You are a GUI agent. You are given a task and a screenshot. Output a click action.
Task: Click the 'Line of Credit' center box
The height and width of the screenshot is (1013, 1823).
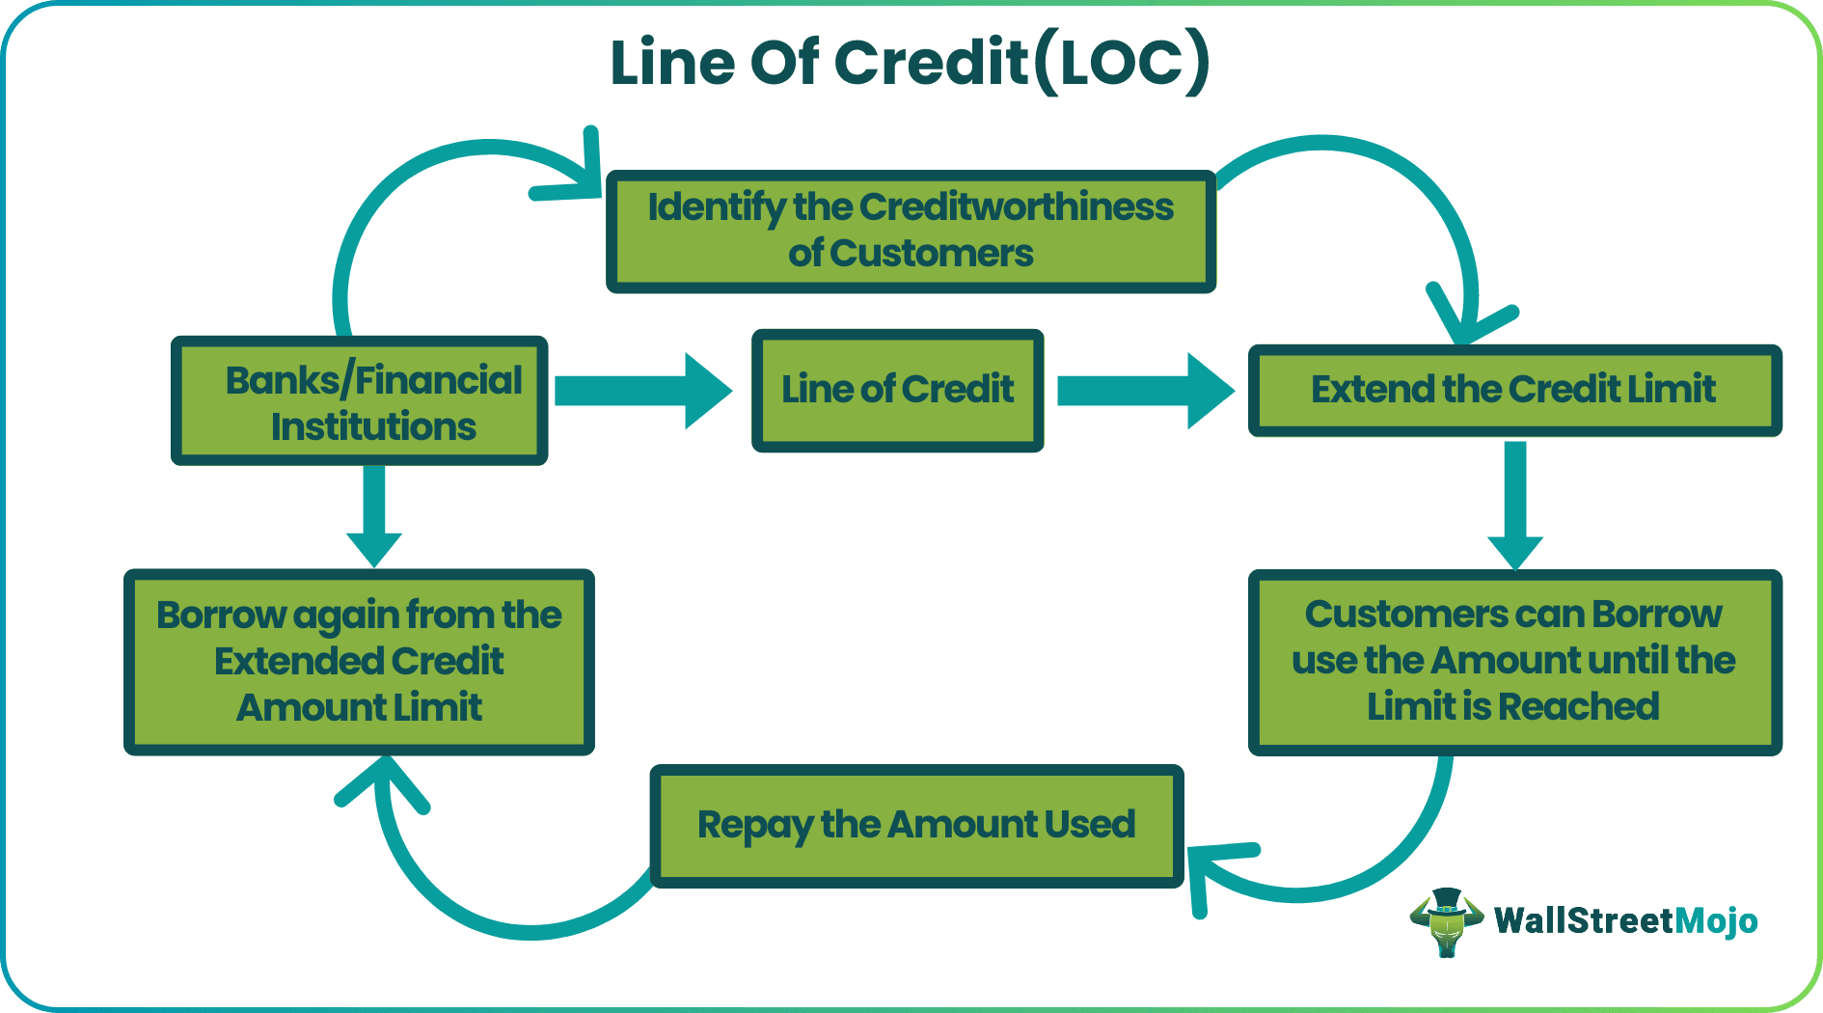click(897, 391)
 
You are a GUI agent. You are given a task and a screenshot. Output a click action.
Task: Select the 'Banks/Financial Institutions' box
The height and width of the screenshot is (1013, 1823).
click(359, 401)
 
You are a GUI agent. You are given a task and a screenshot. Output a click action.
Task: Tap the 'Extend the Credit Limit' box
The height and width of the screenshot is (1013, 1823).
click(1514, 390)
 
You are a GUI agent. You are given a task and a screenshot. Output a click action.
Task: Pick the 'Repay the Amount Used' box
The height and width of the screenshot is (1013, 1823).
click(916, 826)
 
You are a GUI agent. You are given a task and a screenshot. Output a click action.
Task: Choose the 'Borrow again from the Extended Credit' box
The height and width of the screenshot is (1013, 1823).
click(359, 662)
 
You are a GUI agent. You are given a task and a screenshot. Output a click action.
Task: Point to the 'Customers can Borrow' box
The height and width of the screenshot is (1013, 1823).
click(1514, 662)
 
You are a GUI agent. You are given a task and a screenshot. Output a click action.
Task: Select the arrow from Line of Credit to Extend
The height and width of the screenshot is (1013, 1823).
click(1145, 391)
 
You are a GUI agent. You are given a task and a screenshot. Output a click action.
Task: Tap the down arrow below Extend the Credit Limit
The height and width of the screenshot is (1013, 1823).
click(1515, 506)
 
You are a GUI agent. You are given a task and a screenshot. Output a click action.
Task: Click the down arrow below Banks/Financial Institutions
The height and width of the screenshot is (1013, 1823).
click(374, 516)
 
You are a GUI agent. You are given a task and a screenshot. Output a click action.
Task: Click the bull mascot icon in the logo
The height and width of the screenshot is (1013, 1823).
click(1445, 921)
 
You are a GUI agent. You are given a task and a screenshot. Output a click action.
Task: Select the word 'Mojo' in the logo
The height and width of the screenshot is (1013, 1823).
click(1716, 921)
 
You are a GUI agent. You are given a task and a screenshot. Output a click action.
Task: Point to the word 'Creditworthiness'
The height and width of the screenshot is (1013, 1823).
click(1016, 207)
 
